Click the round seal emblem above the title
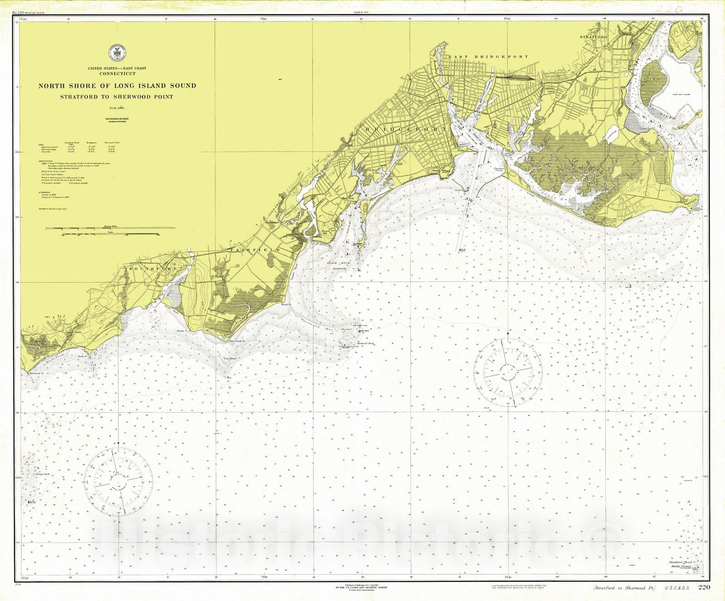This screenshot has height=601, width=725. coord(117,53)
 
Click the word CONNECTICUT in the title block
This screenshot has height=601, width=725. coord(117,73)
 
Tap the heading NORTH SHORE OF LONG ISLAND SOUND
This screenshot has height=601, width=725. coord(117,86)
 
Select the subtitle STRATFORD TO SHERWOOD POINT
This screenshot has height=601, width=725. coord(117,96)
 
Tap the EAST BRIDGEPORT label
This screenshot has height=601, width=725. coord(488,57)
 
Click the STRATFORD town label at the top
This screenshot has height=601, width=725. coord(594,37)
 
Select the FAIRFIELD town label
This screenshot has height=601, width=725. coord(255,250)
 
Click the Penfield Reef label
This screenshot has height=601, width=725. coord(365,343)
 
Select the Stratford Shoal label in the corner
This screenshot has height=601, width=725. coord(681,562)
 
